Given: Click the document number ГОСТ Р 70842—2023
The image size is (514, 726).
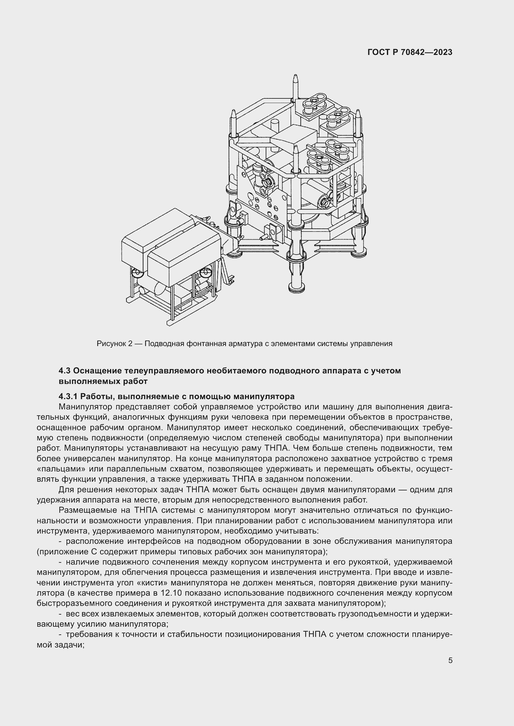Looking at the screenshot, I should (x=410, y=52).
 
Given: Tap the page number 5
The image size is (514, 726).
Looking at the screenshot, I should (x=450, y=660).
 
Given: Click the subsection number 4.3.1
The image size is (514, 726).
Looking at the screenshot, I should (x=68, y=396).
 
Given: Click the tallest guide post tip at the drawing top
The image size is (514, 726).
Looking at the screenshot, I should (x=295, y=79).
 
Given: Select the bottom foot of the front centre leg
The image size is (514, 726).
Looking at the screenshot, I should (x=297, y=288).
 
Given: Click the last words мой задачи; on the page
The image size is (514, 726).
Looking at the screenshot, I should (x=61, y=645).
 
